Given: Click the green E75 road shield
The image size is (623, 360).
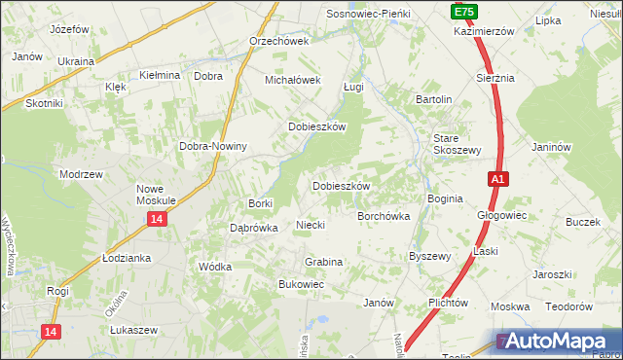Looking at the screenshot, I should point(463,11).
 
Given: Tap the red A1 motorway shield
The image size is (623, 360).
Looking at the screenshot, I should point(496,179).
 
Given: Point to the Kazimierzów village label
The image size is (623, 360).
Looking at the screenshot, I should point(483,31).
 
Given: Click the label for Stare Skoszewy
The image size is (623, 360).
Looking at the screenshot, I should point(458,144).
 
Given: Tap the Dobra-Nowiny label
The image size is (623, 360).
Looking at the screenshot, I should point(213,147).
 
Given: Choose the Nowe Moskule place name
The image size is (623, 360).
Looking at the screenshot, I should point(156,195).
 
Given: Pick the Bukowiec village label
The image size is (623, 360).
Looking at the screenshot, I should point(301,284).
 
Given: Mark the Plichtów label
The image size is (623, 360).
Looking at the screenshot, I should point(449,303).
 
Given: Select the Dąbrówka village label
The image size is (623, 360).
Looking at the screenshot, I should point(253,228).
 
